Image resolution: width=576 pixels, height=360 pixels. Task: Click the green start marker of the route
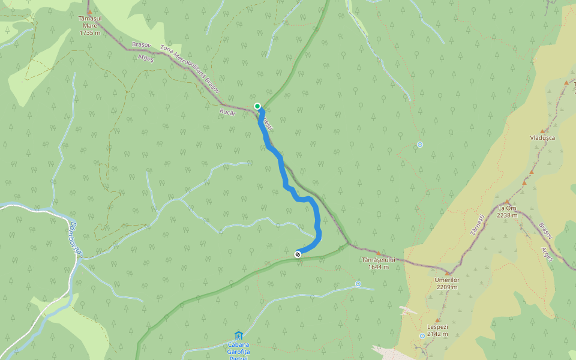pos(257,106)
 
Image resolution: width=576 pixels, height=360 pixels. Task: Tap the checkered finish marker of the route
pos(298,254)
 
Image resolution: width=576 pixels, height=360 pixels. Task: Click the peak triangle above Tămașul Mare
pos(89,11)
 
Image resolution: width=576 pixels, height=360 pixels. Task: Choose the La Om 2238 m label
pos(508,211)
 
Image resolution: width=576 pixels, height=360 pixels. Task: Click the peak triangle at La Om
pos(507,202)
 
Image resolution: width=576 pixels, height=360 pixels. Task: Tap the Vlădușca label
pos(542,137)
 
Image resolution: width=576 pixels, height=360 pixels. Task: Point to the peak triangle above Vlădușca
pos(542,130)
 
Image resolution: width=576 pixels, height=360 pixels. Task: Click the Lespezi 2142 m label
pos(437,330)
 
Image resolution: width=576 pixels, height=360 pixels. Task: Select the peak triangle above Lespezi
pos(437,320)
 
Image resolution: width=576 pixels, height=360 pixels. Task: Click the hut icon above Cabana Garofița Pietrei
pos(239,335)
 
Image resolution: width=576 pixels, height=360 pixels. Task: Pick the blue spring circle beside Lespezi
pos(422,336)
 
